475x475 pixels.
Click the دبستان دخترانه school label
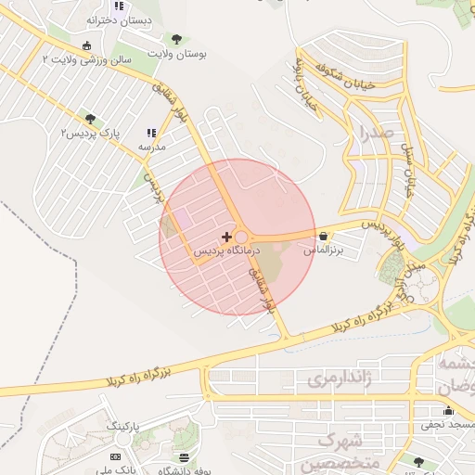pyautogui.click(x=119, y=19)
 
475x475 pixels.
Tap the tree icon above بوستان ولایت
pyautogui.click(x=176, y=39)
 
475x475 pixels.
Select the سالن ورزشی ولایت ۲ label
pyautogui.click(x=88, y=58)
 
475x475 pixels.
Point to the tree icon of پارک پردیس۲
pyautogui.click(x=90, y=119)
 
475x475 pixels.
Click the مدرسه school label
pyautogui.click(x=151, y=147)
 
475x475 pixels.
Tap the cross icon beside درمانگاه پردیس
pyautogui.click(x=227, y=237)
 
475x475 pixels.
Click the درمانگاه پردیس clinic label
pyautogui.click(x=227, y=251)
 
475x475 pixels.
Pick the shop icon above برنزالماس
pyautogui.click(x=323, y=236)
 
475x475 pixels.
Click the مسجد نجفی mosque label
pyautogui.click(x=443, y=425)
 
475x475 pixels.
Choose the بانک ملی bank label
pyautogui.click(x=118, y=470)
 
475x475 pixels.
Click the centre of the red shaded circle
pyautogui.click(x=237, y=237)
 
